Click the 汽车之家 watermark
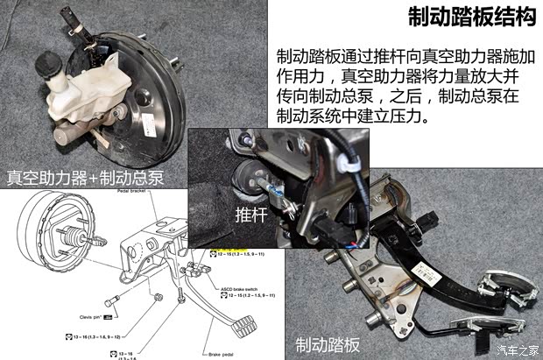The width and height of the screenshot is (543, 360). pyautogui.click(x=513, y=350)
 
